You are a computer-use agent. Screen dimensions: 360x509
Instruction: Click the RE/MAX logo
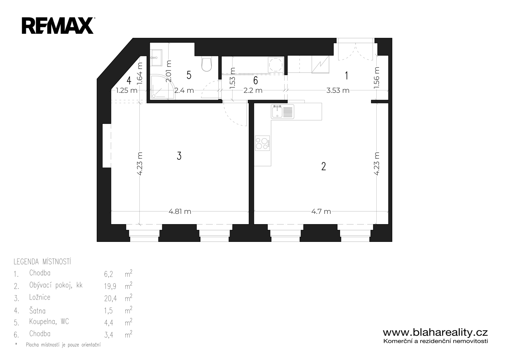[58, 26]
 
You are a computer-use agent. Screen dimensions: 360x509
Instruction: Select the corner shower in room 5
[162, 87]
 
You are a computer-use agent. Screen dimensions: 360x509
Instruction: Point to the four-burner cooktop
[263, 143]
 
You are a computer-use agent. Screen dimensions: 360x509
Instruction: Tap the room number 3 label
[179, 156]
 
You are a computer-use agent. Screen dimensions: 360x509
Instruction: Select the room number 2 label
[324, 166]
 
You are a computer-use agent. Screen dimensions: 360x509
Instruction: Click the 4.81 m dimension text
[180, 211]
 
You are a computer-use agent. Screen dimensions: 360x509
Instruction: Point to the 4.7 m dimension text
[321, 211]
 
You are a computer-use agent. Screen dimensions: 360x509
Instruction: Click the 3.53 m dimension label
[338, 90]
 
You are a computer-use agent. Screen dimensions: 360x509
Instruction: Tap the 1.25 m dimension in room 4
[127, 90]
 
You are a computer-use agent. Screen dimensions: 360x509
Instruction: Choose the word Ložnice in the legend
[40, 297]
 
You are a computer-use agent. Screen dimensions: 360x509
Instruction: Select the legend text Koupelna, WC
[49, 322]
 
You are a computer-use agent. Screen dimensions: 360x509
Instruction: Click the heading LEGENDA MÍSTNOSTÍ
[42, 262]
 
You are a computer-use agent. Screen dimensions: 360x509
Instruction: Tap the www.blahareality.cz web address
[435, 333]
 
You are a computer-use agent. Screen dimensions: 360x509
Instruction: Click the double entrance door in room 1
[355, 49]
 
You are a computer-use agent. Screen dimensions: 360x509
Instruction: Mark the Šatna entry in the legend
[37, 310]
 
